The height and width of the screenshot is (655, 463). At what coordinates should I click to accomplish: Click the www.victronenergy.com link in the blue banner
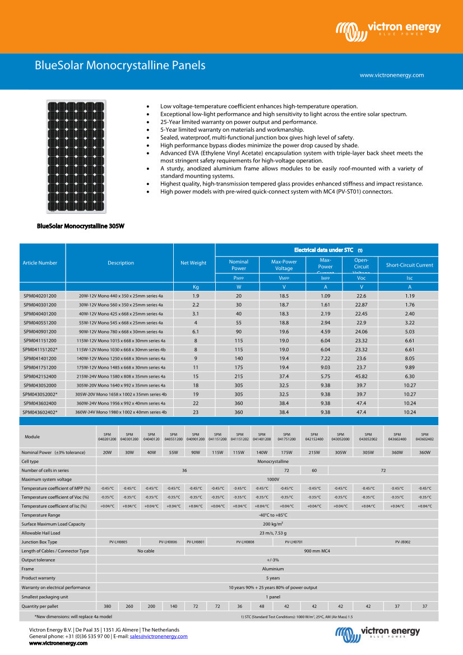(x=391, y=75)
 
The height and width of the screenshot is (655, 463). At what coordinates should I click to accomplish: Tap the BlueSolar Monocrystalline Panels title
(x=120, y=66)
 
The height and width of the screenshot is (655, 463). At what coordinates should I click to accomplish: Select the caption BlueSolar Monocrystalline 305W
(x=80, y=227)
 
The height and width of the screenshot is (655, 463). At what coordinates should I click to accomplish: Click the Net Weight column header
(x=193, y=263)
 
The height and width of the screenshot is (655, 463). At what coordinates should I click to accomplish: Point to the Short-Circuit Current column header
(x=409, y=265)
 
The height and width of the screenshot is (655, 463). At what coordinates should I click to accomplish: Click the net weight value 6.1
(x=196, y=331)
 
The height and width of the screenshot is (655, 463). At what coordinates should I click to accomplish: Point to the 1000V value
(x=272, y=479)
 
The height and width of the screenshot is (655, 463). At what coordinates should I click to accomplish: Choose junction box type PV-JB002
(x=402, y=542)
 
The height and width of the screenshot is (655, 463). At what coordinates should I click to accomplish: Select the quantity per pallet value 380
(x=108, y=606)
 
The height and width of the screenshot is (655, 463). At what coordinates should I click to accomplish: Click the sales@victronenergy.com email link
(x=159, y=637)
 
